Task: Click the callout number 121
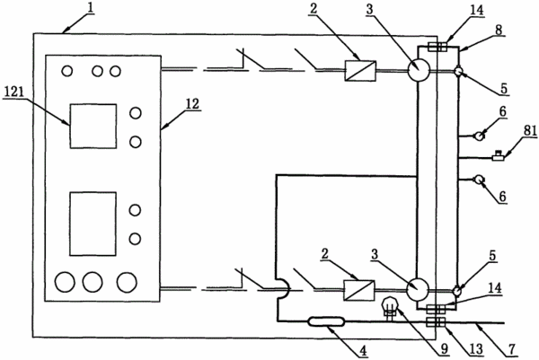13,92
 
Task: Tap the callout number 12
192,104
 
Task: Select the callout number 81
530,130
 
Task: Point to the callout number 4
363,351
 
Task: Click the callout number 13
476,349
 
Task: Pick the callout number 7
512,349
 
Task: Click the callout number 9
445,349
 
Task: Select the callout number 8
499,30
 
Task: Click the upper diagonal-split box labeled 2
360,71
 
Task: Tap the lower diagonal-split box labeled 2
359,290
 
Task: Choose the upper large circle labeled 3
419,70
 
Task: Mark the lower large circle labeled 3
418,289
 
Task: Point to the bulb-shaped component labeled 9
390,307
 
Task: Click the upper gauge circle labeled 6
479,136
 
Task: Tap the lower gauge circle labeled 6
479,180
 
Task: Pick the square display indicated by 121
93,126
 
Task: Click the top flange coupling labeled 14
437,47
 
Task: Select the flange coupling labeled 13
436,322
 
